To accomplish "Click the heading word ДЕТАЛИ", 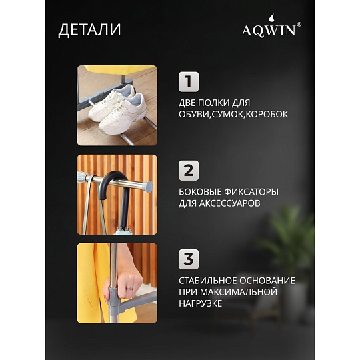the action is click(89, 30).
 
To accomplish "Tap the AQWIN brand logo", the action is click(271, 26).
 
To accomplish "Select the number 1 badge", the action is click(189, 82).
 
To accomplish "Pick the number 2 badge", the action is click(189, 171).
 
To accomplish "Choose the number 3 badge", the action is click(189, 259).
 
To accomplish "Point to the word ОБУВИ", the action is click(193, 114).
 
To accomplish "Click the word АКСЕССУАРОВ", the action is click(229, 203).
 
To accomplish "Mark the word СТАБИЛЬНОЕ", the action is click(207, 281).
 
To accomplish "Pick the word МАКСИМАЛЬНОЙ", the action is click(238, 292).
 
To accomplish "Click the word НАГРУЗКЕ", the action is click(201, 303).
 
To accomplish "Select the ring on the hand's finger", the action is click(130, 288).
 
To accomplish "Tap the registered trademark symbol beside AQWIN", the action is click(299, 25).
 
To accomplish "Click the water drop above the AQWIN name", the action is click(272, 18).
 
